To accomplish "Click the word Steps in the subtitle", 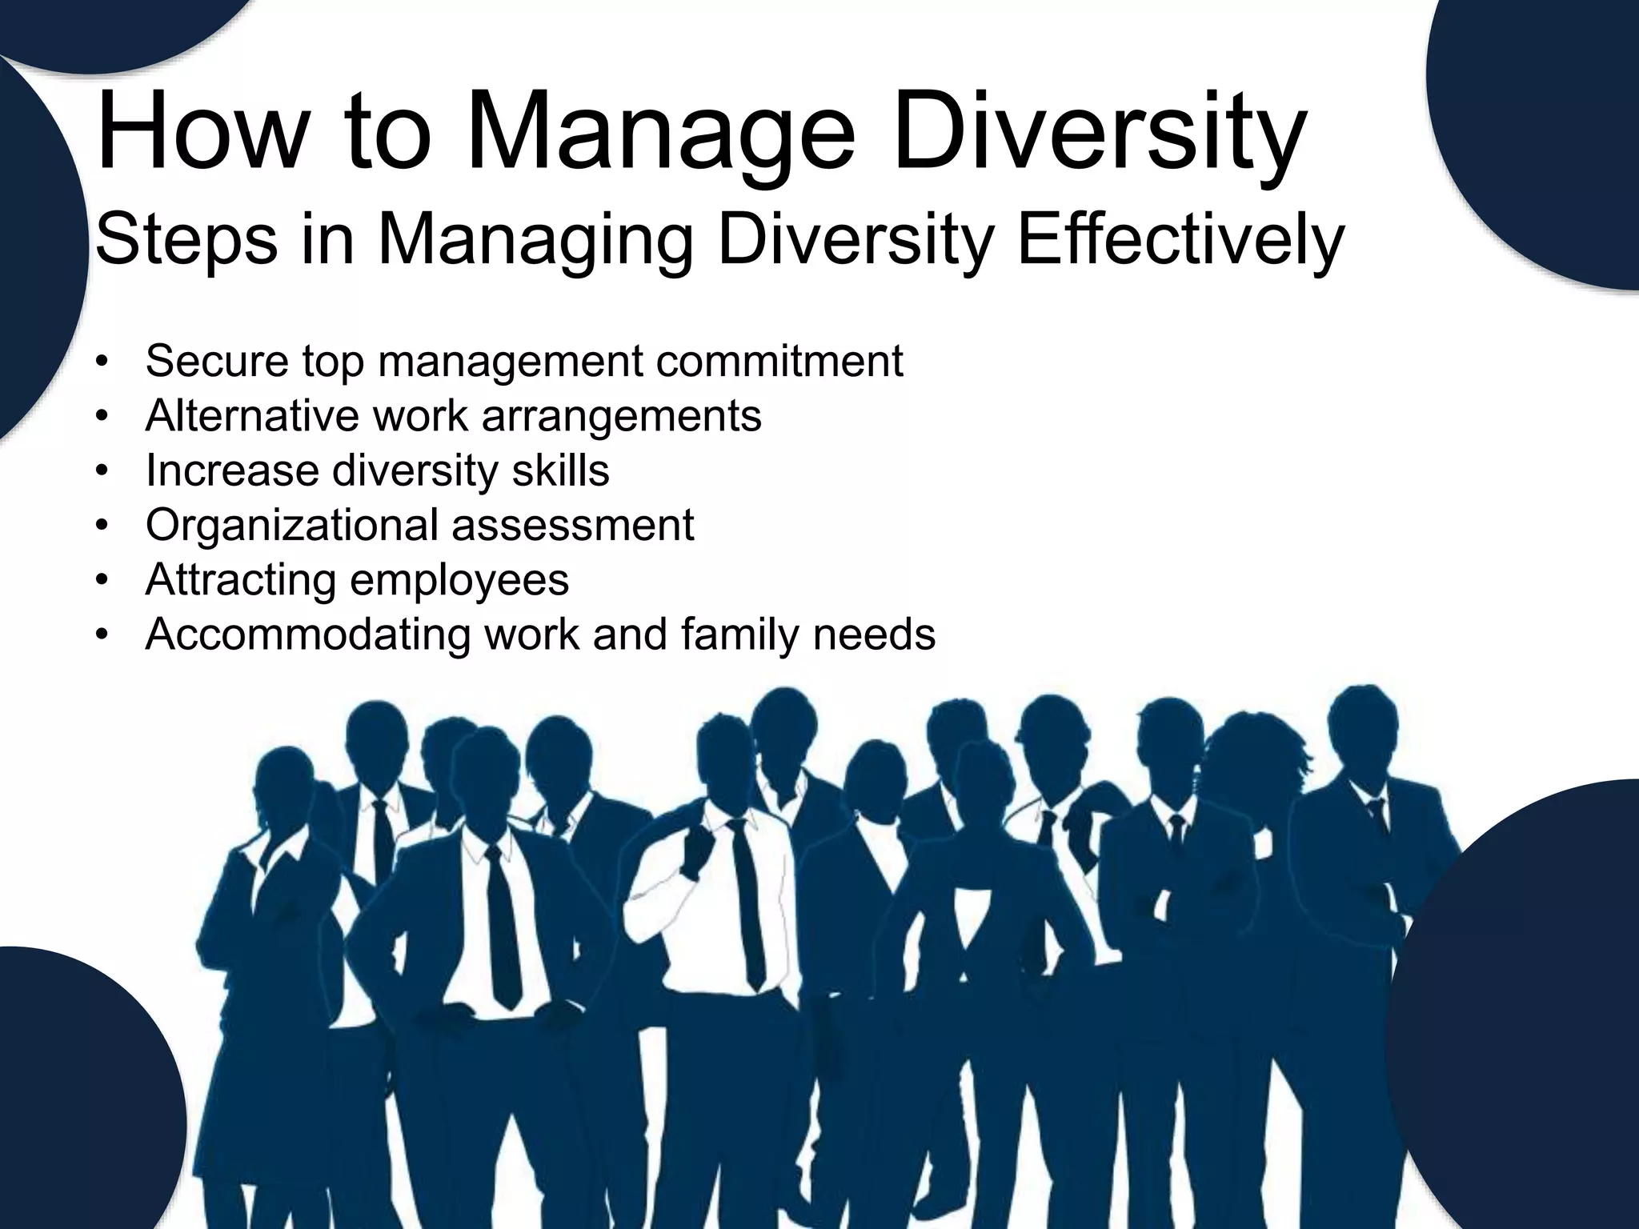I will (x=186, y=240).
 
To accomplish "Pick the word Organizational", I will (x=291, y=526).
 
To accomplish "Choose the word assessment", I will (x=572, y=526).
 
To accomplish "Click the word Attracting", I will (x=240, y=580).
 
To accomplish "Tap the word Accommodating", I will (x=308, y=635).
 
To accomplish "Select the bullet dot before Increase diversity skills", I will (x=100, y=471).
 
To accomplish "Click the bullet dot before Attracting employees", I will (x=100, y=580).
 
